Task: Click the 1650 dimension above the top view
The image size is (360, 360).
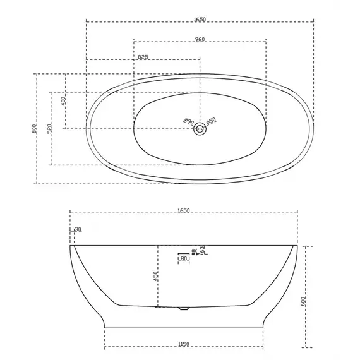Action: coord(200,19)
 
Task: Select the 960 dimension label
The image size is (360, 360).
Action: coord(200,40)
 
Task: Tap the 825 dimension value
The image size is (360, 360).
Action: coord(143,57)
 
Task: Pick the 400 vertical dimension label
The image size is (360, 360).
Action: coord(63,101)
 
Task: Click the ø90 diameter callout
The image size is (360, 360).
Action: coord(187,121)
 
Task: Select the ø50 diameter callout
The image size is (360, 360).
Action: coord(212,121)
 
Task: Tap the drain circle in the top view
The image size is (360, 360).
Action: coord(200,129)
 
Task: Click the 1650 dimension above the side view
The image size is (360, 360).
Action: coord(183,210)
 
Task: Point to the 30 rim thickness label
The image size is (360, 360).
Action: coord(78,229)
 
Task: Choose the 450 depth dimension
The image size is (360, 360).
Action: coord(155,276)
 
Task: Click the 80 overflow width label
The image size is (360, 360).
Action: coord(184,259)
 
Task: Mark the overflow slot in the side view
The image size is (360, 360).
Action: coord(183,253)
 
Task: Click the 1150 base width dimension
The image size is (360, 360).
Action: coord(184,344)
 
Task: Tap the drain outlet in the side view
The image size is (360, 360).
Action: coord(183,308)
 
